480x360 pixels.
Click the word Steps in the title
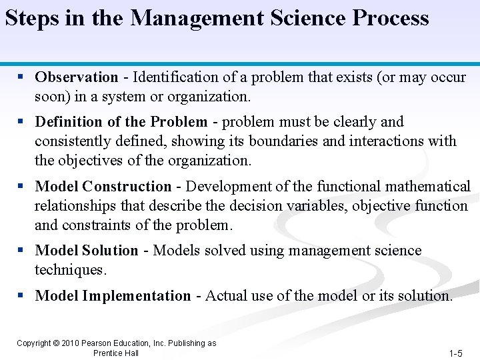[32, 18]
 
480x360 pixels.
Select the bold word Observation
[77, 77]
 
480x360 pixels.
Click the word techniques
[71, 270]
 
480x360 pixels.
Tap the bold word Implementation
[136, 296]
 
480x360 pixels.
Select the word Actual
[226, 296]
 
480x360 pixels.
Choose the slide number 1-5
[456, 353]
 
